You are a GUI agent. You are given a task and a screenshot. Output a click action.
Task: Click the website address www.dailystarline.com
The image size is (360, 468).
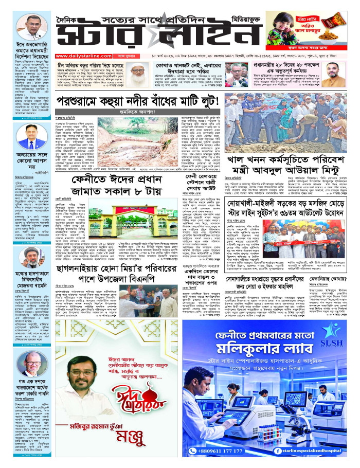pos(80,56)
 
